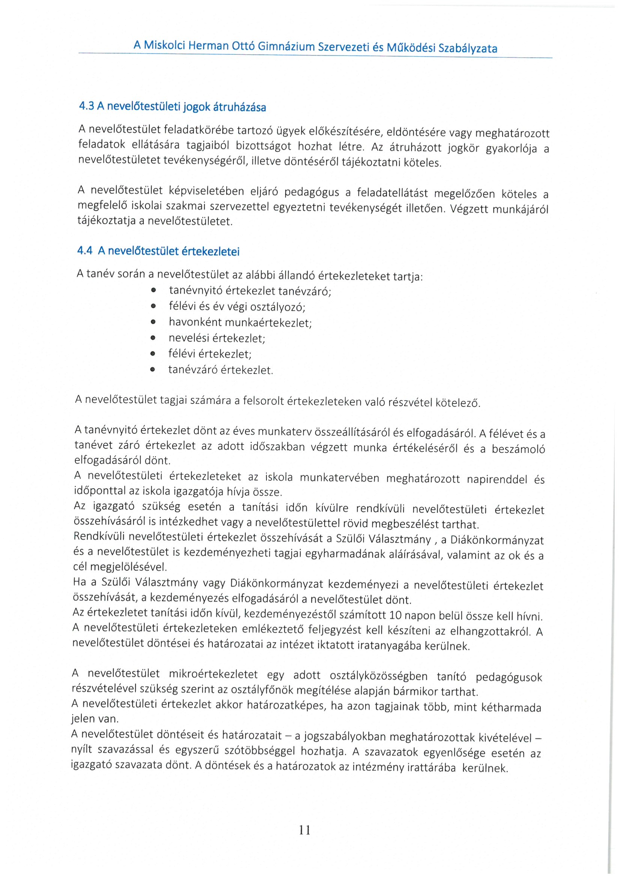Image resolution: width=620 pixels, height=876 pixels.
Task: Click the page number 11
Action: tap(305, 830)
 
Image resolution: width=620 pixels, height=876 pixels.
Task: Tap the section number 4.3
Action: tap(86, 106)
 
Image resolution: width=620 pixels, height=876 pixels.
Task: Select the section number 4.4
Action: tap(85, 250)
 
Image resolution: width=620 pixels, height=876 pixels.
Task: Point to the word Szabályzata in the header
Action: tap(468, 48)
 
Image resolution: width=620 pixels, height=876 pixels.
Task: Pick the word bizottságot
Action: tap(263, 146)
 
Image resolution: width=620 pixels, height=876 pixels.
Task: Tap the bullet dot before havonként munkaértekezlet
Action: tap(153, 322)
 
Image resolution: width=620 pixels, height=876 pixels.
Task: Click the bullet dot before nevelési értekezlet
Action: tap(153, 337)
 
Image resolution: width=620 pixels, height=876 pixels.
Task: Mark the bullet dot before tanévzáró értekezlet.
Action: tap(152, 369)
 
